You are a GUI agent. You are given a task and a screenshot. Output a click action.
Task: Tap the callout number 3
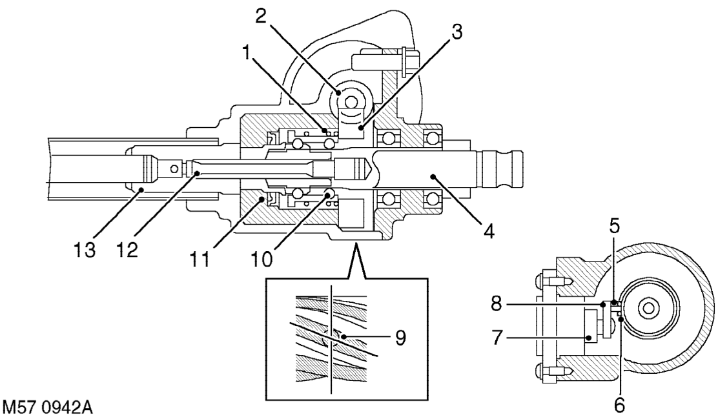(456, 32)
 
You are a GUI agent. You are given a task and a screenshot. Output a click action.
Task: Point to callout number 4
(489, 231)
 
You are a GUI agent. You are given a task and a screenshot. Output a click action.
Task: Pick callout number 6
(619, 405)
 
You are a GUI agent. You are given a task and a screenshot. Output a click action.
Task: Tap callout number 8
(497, 303)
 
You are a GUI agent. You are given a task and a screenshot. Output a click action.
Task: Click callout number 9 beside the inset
(400, 338)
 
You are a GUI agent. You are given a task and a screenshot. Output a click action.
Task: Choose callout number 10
(262, 259)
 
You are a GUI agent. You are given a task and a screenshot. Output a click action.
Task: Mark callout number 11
(200, 259)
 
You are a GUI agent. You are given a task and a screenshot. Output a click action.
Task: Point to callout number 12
(127, 250)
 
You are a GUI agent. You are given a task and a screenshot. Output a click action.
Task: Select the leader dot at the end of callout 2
(340, 92)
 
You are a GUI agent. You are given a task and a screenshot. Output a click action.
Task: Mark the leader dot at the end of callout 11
(262, 199)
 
